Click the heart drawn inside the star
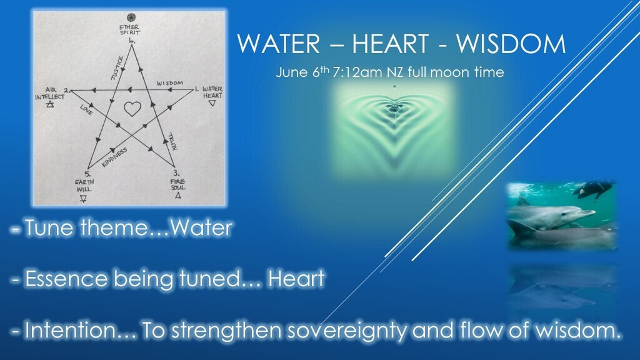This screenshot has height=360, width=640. [132, 109]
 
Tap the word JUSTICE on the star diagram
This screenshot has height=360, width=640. [117, 67]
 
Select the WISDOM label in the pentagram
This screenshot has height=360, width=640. [170, 83]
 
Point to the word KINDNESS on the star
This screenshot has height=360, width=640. [114, 157]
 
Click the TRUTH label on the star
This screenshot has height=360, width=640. [172, 142]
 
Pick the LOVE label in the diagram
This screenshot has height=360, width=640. [86, 110]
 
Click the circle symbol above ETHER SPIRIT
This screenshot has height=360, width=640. [131, 17]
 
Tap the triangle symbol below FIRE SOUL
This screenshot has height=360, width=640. [177, 196]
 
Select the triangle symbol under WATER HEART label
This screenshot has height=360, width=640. [212, 103]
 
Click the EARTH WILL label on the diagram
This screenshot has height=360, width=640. [84, 186]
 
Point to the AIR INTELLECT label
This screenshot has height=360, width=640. [50, 94]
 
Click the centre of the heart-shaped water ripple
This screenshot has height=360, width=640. [394, 107]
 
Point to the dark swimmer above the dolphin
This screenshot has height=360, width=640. [592, 188]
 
